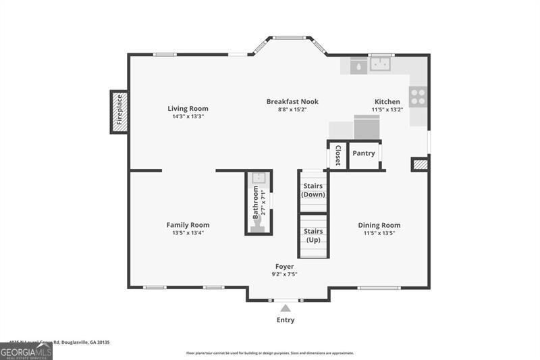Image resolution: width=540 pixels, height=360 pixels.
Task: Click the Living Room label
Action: click(x=188, y=108)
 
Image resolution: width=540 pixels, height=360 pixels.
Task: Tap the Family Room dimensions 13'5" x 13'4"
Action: click(x=188, y=233)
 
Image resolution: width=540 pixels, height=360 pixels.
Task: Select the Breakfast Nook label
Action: click(x=292, y=101)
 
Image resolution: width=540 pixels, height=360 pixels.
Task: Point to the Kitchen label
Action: click(x=387, y=101)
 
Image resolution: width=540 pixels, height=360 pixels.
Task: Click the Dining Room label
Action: click(x=379, y=225)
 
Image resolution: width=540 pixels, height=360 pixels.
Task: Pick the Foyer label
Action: click(x=284, y=266)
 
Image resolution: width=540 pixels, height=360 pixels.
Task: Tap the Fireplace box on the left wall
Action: click(x=119, y=111)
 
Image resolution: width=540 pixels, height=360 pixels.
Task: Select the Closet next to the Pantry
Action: click(x=337, y=155)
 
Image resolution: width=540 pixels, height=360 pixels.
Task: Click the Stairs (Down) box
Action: click(x=313, y=190)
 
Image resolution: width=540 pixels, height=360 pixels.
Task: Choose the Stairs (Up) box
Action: click(x=313, y=236)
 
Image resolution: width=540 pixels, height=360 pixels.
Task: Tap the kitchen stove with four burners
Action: click(x=418, y=97)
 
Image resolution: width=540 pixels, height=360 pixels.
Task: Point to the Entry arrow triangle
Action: click(x=286, y=308)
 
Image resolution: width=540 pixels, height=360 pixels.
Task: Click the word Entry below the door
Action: click(x=286, y=320)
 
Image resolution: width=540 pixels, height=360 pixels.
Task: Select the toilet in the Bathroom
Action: click(x=257, y=228)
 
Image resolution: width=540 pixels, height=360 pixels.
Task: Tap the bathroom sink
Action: click(x=257, y=178)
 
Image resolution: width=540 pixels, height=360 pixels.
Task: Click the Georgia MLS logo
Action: click(x=26, y=352)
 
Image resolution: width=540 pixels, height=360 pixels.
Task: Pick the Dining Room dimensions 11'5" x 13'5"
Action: click(x=379, y=233)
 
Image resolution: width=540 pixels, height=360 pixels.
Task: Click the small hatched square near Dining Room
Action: click(x=419, y=164)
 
